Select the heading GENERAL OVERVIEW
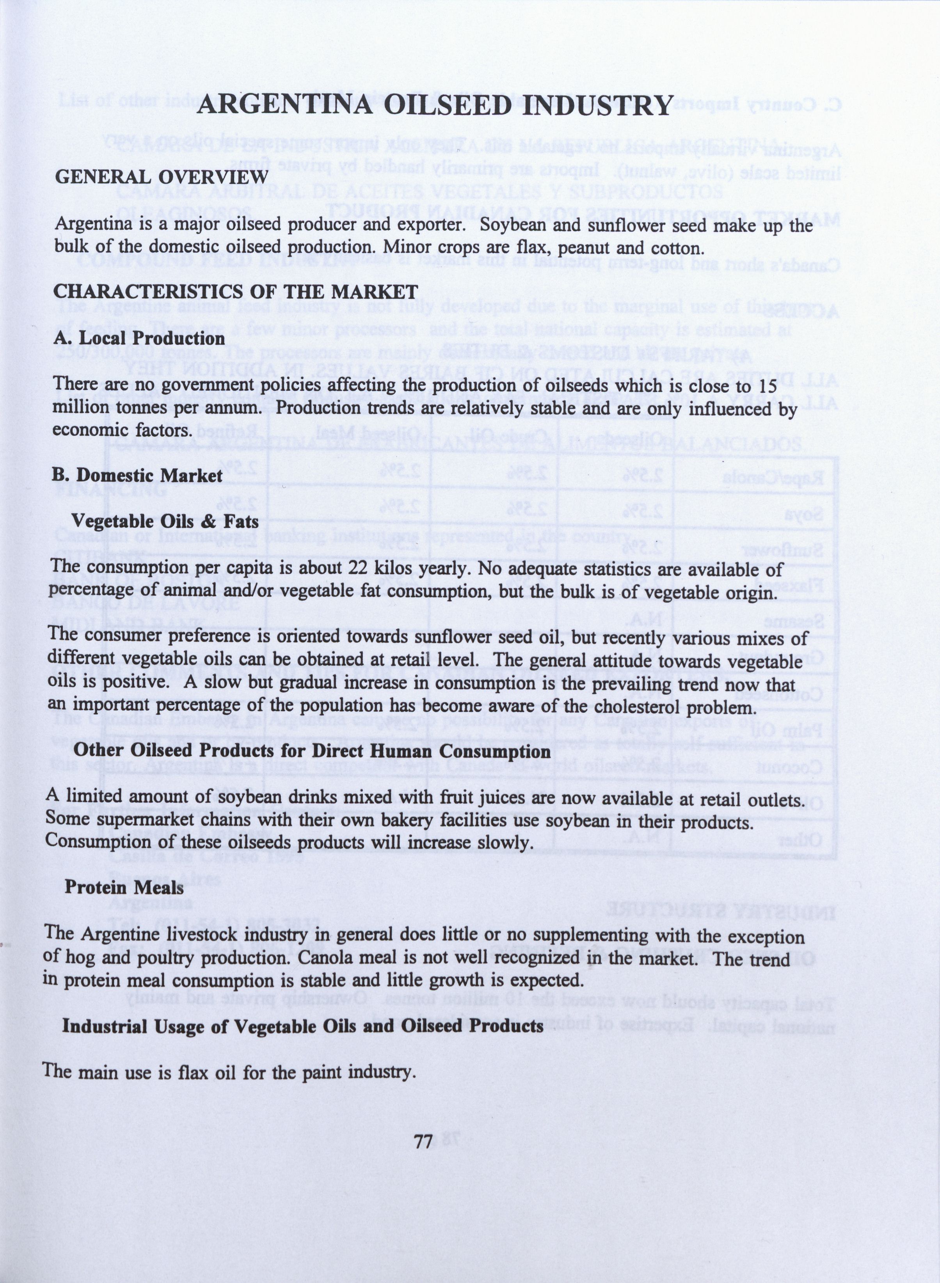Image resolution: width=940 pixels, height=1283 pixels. tap(161, 177)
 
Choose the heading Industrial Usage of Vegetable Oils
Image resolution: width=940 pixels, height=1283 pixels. tap(302, 1027)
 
